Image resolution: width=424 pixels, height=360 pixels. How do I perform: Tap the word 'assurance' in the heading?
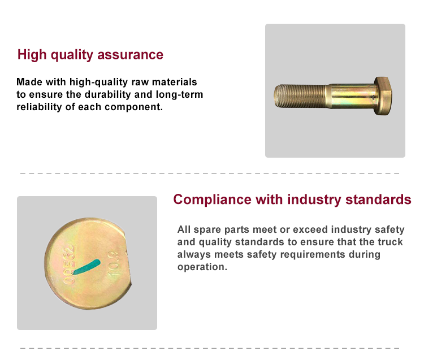[x=131, y=55]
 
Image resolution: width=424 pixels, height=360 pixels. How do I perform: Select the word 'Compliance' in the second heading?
[x=212, y=200]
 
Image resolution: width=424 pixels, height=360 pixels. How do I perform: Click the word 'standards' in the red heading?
[x=378, y=199]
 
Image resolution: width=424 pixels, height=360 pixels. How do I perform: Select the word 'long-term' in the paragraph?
[x=179, y=94]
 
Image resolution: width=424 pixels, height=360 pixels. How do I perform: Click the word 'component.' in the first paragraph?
[x=133, y=107]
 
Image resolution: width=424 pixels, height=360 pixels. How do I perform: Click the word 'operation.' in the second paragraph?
[x=202, y=267]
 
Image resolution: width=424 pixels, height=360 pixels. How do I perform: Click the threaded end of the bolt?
[x=300, y=96]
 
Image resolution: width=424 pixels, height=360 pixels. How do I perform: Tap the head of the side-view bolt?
[x=383, y=96]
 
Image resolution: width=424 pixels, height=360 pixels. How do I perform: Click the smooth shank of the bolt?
[x=351, y=96]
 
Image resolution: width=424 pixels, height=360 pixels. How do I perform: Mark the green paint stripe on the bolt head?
[x=87, y=267]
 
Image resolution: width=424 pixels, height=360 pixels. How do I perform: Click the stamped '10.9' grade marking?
[x=114, y=263]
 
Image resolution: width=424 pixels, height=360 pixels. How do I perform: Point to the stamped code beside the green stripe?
[x=68, y=264]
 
